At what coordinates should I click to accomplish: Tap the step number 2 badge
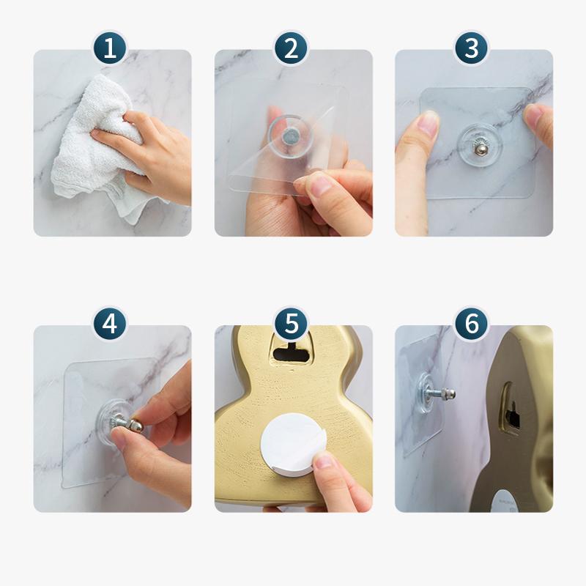coord(291,49)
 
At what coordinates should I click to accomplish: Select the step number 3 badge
coord(472,49)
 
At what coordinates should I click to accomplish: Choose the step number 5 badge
coord(291,323)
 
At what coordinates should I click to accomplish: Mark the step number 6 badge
coord(472,323)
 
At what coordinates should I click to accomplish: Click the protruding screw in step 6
coord(440,394)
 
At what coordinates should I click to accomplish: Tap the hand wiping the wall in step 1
coord(146,146)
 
